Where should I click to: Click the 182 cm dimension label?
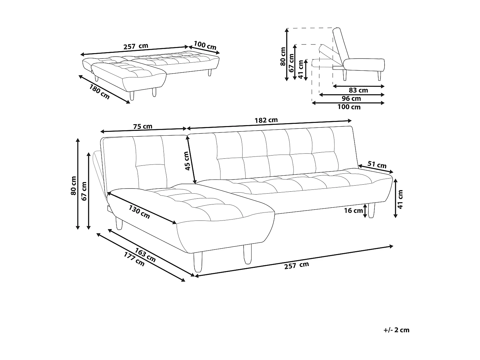coord(266,120)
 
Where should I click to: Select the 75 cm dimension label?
coord(143,126)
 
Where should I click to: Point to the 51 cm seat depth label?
coord(377,165)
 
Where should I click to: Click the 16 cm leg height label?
coord(354,211)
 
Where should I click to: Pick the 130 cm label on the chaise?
coord(139,212)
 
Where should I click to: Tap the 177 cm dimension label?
coord(134,260)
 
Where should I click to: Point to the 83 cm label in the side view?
coord(358,91)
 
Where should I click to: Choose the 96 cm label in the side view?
coord(351,99)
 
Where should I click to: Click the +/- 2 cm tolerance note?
coord(396,330)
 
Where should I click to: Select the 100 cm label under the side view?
coord(349,107)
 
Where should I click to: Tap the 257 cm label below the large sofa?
coord(297,265)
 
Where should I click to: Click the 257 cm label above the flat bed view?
coord(136,46)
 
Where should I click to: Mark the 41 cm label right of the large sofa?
coord(400,199)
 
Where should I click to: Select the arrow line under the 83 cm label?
coord(358,86)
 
